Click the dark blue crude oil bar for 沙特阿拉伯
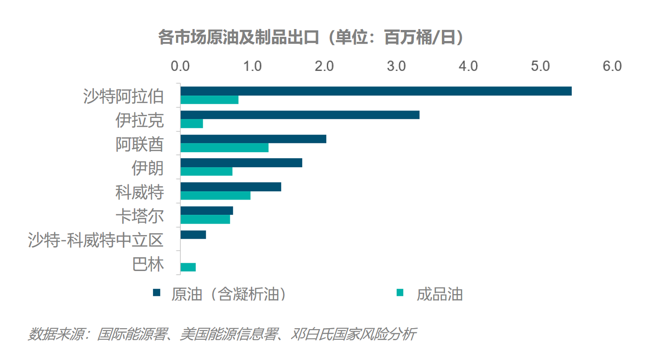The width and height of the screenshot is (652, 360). pos(376,91)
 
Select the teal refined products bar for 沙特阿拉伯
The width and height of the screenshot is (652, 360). pos(209,100)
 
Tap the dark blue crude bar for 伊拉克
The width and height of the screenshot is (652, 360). pos(300,115)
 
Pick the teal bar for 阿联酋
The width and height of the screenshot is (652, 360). pos(224,148)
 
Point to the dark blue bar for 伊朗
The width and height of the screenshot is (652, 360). pos(241,163)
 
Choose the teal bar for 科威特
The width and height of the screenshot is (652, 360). pos(215,195)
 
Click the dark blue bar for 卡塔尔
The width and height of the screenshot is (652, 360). pos(207,211)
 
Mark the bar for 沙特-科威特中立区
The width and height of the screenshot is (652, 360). pos(193,235)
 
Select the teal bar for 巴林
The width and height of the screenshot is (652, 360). pos(188,267)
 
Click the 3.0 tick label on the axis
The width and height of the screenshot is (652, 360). pos(396,66)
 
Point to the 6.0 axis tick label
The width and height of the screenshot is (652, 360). pos(612,66)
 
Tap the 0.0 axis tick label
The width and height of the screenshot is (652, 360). pos(180,66)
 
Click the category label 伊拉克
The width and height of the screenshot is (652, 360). pos(140,120)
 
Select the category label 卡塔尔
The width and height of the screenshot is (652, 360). pos(140,216)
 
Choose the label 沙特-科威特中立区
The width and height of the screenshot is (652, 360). pos(96,240)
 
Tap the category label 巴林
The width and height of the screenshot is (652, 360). pos(148,264)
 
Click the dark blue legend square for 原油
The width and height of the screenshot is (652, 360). pos(157,292)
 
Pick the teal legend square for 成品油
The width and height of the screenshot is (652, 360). pos(400,292)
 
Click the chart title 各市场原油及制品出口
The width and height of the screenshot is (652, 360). pos(239,38)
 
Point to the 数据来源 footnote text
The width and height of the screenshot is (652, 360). pos(222,334)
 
